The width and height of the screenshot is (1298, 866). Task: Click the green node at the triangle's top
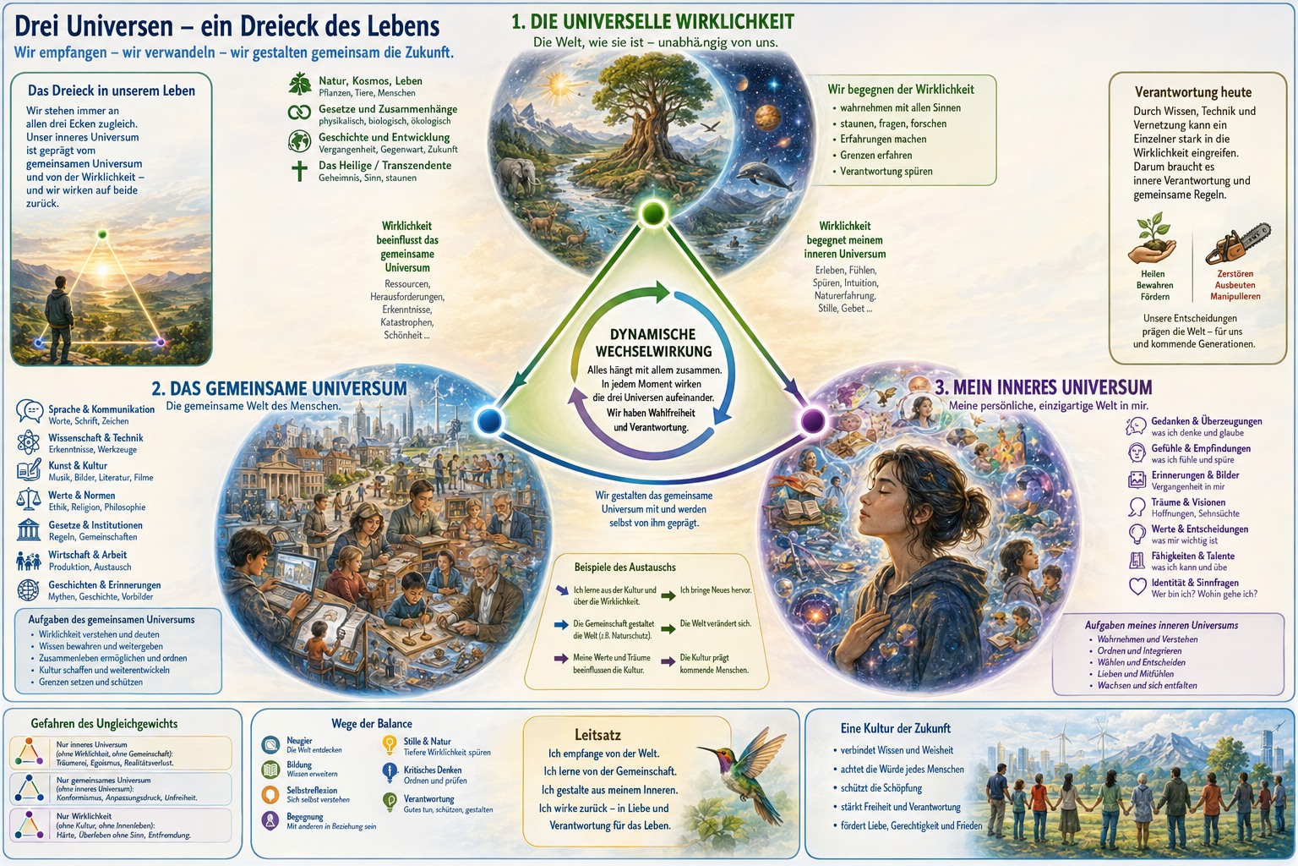(x=653, y=213)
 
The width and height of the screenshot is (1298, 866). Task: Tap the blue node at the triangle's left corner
(x=489, y=420)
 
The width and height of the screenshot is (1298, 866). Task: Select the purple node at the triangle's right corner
(x=812, y=421)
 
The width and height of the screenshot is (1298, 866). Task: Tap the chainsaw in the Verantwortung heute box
(x=1238, y=244)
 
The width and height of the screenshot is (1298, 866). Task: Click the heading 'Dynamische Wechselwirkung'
(x=653, y=343)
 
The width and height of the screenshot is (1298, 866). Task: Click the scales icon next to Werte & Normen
(x=29, y=500)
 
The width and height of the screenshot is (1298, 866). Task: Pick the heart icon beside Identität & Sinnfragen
(x=1137, y=586)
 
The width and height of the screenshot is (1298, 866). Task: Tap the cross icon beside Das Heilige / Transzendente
(x=299, y=171)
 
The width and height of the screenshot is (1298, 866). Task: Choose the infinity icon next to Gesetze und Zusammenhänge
(x=300, y=112)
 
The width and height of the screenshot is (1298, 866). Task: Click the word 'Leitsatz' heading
(x=597, y=735)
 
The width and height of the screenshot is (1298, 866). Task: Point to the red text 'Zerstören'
(x=1235, y=274)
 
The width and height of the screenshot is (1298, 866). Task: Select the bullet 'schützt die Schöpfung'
(x=881, y=787)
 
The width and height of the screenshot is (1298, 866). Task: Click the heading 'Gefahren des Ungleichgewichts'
(x=104, y=724)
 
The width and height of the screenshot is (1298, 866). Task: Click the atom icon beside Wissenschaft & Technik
(x=28, y=442)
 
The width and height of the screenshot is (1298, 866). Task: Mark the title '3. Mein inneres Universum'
(x=1044, y=386)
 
